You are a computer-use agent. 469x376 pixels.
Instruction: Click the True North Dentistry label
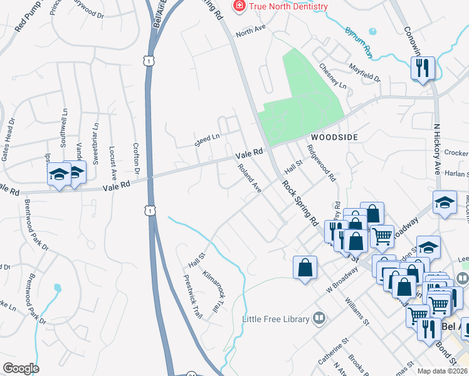click(288, 6)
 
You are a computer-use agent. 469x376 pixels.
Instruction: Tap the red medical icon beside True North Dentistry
click(238, 6)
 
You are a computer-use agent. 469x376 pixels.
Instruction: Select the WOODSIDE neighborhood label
click(332, 137)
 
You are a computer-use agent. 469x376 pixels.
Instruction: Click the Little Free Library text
click(276, 319)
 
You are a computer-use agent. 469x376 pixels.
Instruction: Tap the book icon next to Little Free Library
click(320, 318)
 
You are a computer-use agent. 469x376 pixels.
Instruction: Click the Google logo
click(21, 368)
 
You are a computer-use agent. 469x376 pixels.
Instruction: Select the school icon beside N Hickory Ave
click(444, 202)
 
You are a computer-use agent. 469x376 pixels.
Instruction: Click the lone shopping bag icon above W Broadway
click(305, 268)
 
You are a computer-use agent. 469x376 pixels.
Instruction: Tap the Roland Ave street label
click(249, 178)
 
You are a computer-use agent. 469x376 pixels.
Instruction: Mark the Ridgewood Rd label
click(321, 163)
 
